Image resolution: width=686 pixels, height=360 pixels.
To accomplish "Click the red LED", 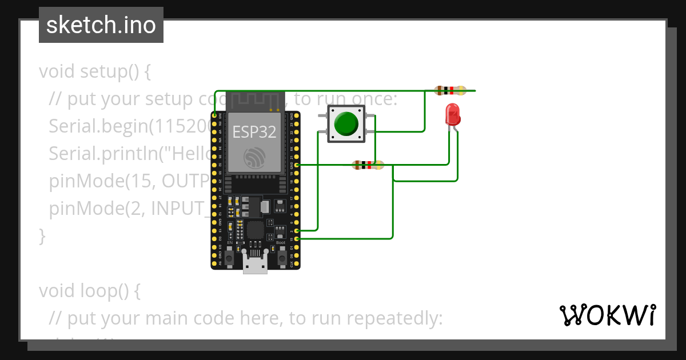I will click(452, 114).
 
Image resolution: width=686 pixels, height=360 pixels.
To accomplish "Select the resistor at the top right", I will click(450, 90).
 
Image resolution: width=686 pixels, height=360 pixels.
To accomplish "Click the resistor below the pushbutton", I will click(368, 165).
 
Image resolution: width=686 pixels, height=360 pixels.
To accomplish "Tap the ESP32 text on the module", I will click(254, 133).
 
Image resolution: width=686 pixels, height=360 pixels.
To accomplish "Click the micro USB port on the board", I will click(255, 264).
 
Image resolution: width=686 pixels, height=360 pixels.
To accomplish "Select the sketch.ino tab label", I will click(101, 25).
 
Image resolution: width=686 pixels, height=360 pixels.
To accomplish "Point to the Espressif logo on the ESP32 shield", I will click(255, 158).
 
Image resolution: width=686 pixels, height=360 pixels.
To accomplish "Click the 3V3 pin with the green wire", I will click(215, 115).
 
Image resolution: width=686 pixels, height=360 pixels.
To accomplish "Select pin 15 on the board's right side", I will click(297, 238).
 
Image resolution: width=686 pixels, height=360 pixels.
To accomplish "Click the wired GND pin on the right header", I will click(297, 165).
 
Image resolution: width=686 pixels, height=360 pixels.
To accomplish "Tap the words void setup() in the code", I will click(95, 72).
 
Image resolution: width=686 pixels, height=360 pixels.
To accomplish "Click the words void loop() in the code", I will click(89, 291).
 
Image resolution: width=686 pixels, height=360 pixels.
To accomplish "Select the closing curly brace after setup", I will click(42, 236).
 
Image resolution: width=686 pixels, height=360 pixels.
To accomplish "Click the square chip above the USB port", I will click(255, 230).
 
